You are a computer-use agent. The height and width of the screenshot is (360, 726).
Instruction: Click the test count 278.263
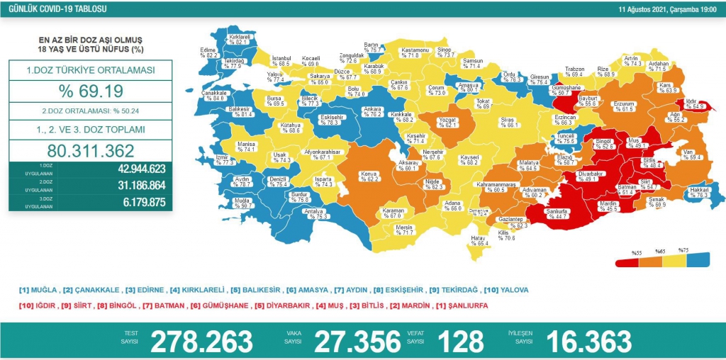coord(202,340)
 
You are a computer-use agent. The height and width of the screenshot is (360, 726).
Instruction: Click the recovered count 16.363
coord(589,340)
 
